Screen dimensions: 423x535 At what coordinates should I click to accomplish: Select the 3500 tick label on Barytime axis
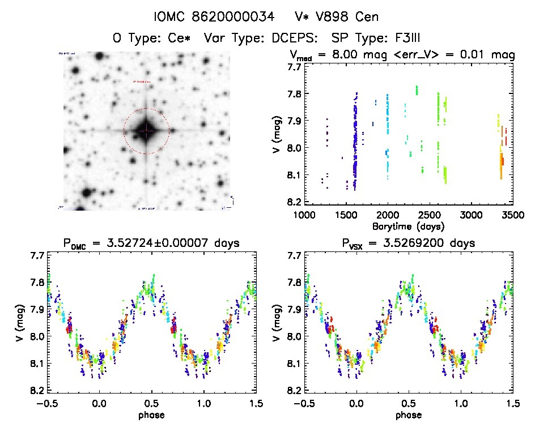click(513, 216)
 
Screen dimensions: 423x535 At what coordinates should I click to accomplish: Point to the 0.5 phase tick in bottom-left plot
click(152, 404)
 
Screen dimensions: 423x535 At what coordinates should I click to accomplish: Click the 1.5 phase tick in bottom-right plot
click(513, 404)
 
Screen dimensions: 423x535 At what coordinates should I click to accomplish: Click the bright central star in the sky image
click(146, 131)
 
